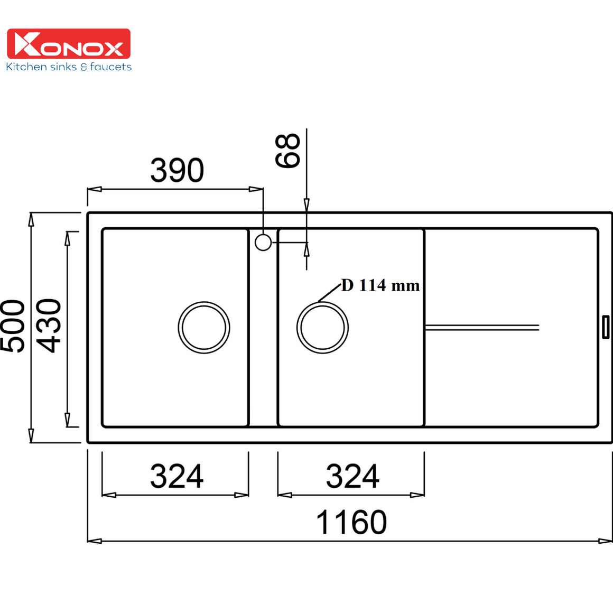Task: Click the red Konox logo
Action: click(x=69, y=43)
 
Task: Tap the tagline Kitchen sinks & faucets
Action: click(x=69, y=67)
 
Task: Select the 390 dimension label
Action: click(x=177, y=170)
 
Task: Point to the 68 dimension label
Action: click(x=287, y=151)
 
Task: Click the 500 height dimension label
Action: click(x=13, y=326)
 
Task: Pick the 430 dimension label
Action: click(x=49, y=326)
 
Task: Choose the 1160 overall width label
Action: click(x=351, y=522)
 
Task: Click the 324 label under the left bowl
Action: click(x=177, y=476)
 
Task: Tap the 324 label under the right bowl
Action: click(x=352, y=476)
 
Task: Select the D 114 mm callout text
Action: click(x=380, y=285)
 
